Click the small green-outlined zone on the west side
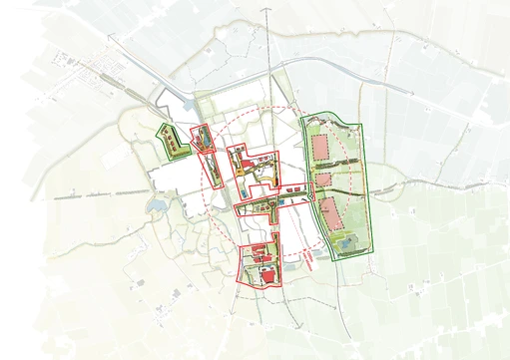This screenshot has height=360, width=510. coord(173,142)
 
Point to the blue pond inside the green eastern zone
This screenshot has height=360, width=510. coord(345,241)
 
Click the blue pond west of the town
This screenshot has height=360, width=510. coord(157,205)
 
